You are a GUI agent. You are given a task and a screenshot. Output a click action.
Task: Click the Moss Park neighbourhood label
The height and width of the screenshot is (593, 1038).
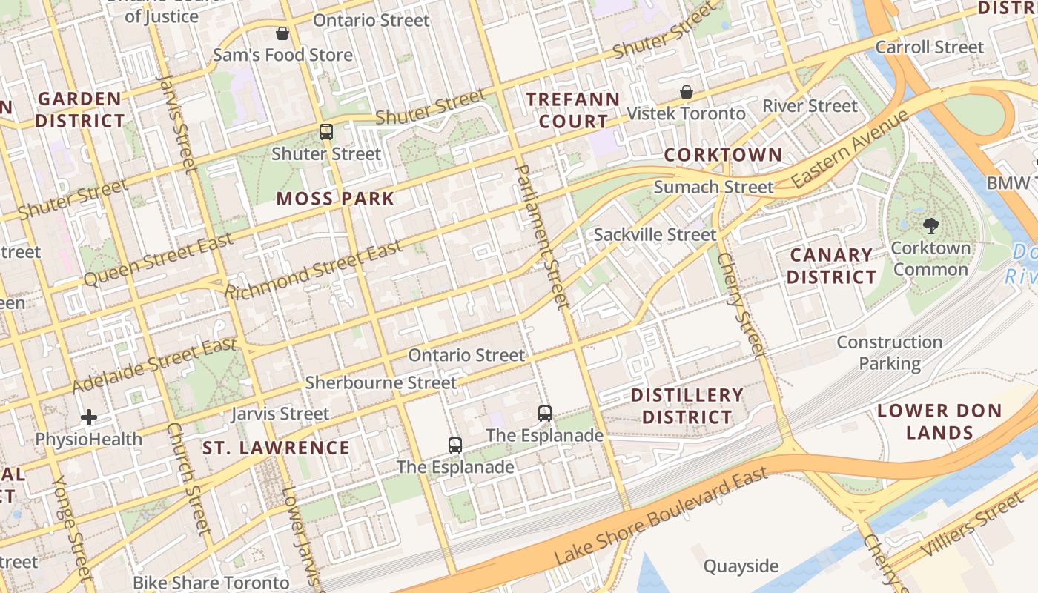click(x=335, y=199)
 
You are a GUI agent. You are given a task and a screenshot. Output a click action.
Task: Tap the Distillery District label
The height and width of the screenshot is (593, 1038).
click(x=687, y=406)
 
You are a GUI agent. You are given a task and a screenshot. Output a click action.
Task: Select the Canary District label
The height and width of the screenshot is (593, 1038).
click(x=831, y=266)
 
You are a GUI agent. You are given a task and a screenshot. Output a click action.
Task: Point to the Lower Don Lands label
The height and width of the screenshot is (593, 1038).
click(x=939, y=422)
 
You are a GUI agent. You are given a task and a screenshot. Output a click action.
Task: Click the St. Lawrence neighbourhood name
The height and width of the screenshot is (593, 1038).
click(x=276, y=448)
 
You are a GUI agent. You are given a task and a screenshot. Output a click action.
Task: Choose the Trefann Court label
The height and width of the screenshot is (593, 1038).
click(x=572, y=110)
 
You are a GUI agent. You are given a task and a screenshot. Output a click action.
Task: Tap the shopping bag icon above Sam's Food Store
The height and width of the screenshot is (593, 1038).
click(x=282, y=33)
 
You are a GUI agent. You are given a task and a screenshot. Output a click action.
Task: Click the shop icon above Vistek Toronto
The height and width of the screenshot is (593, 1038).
click(x=687, y=92)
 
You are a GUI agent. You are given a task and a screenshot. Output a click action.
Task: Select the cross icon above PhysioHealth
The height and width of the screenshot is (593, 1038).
click(x=89, y=417)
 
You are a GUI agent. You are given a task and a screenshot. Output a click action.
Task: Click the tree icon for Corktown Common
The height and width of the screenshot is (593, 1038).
click(x=930, y=225)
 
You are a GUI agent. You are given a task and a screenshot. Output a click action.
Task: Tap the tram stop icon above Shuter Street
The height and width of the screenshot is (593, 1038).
click(x=325, y=132)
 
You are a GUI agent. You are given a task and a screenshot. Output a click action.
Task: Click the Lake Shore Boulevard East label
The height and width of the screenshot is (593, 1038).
click(x=661, y=516)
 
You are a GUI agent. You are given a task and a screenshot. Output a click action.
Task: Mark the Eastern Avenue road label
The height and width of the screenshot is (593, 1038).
click(x=849, y=149)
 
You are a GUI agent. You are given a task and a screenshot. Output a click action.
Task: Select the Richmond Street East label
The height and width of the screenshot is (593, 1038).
click(x=314, y=271)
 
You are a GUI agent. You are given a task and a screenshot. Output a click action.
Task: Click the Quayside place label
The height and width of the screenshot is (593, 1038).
click(x=741, y=567)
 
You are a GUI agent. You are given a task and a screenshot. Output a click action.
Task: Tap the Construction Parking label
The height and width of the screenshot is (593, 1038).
click(x=889, y=353)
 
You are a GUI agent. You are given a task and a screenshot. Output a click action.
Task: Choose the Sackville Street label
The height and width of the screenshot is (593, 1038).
click(x=655, y=235)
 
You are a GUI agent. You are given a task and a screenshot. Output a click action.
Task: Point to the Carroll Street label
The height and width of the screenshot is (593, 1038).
click(x=929, y=47)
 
